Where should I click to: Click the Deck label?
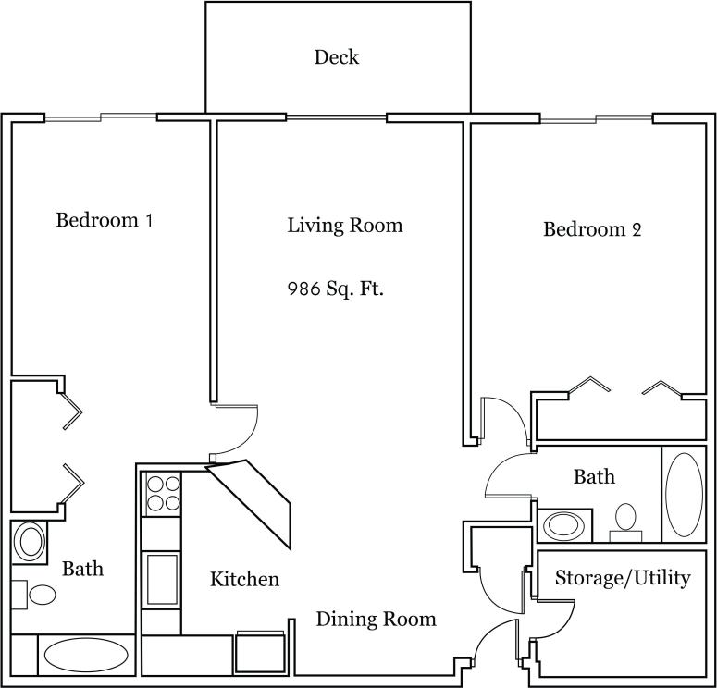click(336, 57)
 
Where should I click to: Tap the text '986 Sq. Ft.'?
click(336, 289)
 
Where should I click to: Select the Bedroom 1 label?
click(104, 221)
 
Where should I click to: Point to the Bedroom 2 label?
click(591, 229)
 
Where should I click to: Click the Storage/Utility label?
click(623, 578)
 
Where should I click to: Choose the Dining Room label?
click(376, 619)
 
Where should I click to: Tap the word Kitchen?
click(244, 580)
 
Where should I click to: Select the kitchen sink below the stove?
click(162, 578)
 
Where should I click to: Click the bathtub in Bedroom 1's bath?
click(86, 656)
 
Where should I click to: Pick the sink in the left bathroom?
click(30, 541)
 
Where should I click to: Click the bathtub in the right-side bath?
click(684, 494)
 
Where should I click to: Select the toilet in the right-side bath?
click(626, 520)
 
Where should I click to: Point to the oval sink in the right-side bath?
click(563, 525)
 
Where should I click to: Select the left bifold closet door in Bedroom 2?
click(589, 385)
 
